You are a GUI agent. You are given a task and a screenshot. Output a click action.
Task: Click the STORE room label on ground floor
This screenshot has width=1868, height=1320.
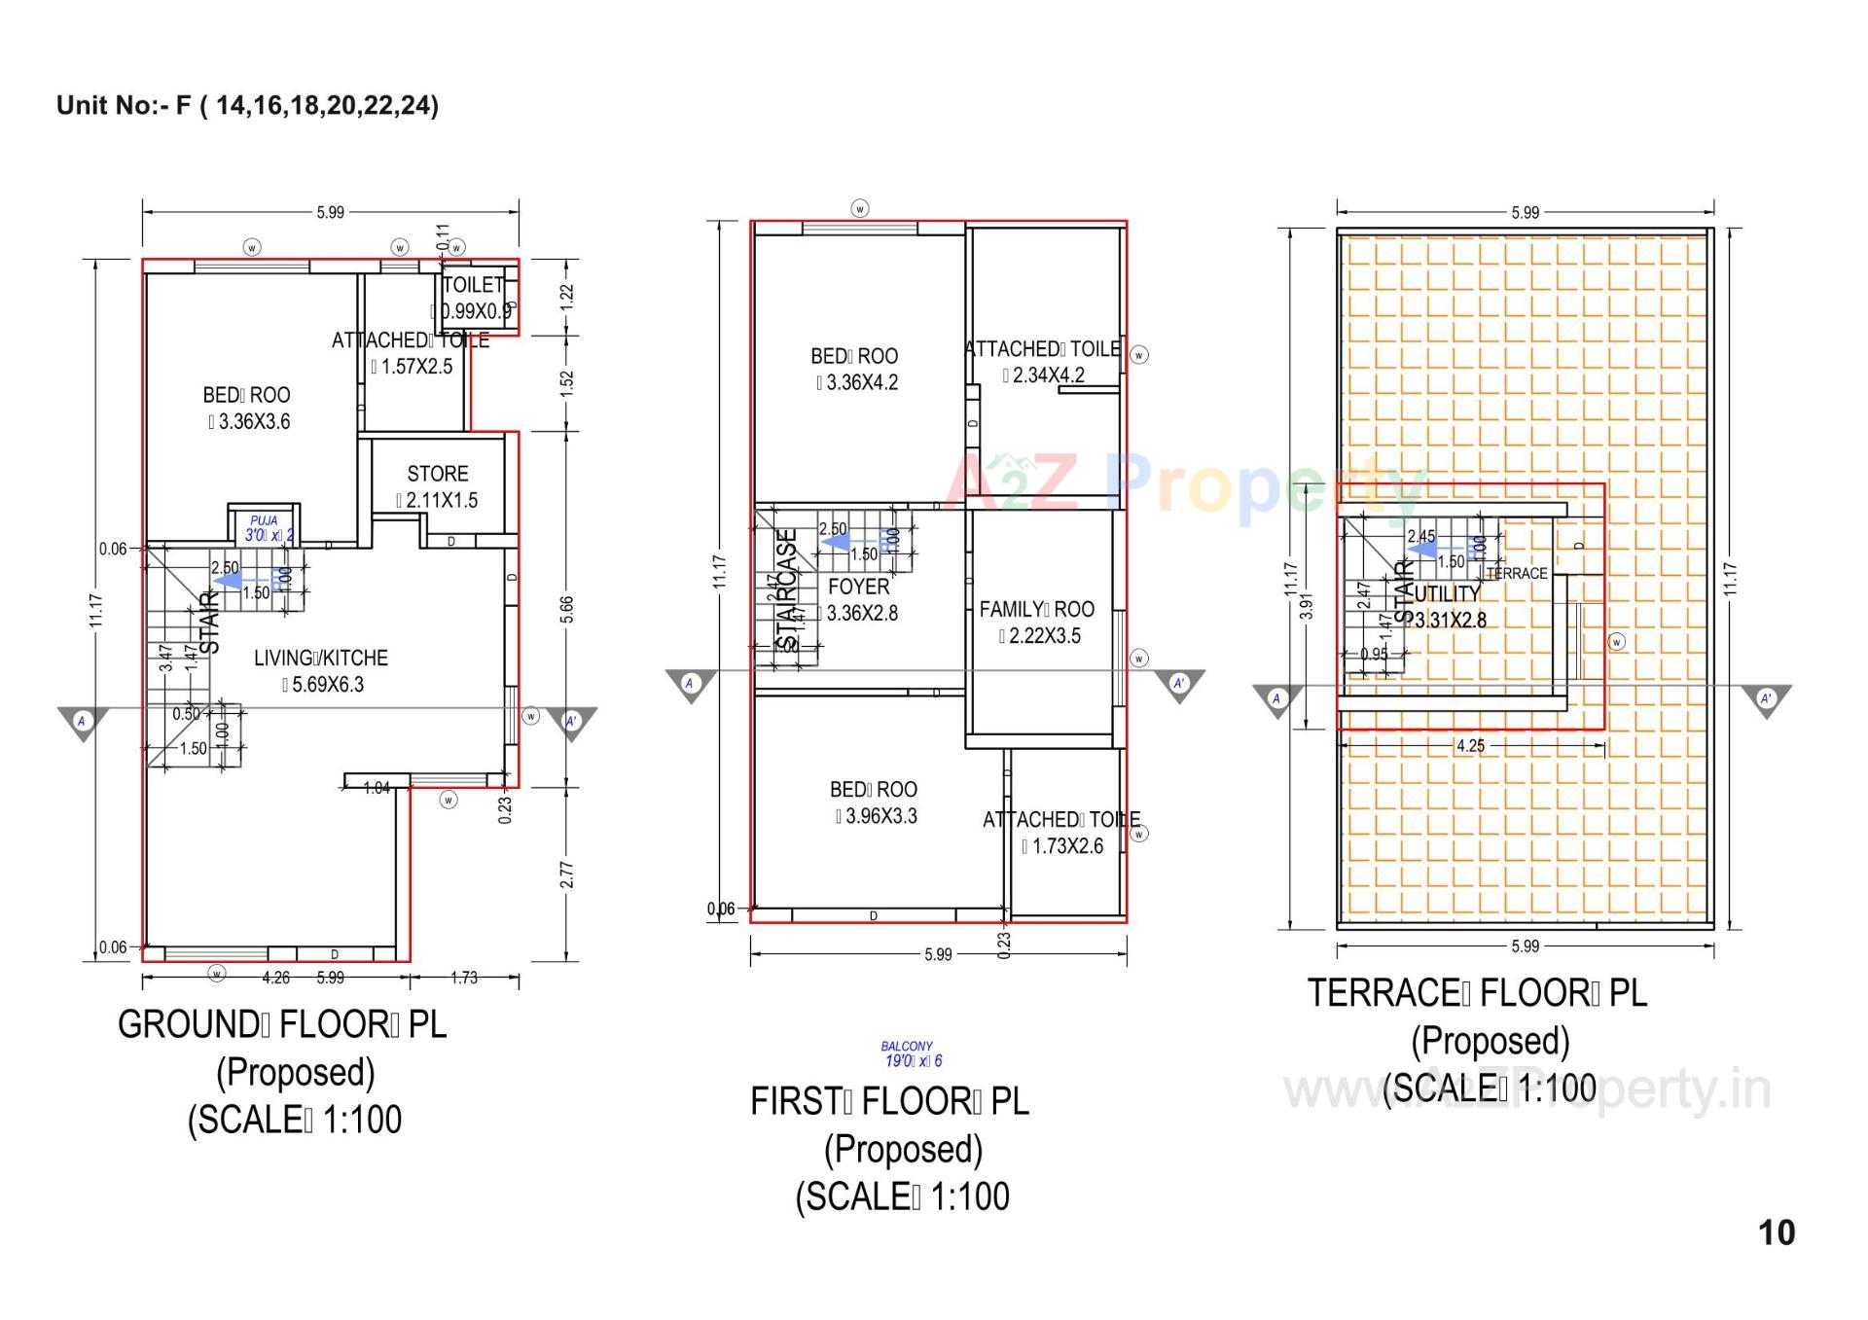point(437,474)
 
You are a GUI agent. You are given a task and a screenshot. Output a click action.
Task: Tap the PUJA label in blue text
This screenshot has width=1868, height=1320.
point(264,521)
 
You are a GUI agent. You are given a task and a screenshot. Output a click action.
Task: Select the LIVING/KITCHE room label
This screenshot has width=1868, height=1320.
point(321,659)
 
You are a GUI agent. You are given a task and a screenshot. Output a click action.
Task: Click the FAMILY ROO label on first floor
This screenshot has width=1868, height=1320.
point(1036,610)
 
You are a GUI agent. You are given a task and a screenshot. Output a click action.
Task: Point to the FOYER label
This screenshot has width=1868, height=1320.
point(858,587)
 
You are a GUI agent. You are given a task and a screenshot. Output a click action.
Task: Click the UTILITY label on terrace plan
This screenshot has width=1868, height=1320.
point(1447,593)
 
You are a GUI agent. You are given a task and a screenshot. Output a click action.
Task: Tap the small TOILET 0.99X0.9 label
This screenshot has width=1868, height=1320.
point(473,285)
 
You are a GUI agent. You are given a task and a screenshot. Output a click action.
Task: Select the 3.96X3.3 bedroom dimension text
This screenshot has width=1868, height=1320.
point(876,817)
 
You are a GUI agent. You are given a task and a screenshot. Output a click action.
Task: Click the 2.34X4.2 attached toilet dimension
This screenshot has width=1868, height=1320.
point(1043,375)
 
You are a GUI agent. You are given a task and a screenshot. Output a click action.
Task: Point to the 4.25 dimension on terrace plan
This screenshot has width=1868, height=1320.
point(1470,746)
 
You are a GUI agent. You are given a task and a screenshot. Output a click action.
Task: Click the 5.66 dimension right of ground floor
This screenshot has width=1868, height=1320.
point(567,610)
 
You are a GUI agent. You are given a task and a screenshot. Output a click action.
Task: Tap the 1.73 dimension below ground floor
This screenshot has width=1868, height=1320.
point(464,978)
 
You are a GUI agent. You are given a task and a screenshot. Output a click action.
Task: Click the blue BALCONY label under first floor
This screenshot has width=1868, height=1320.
point(907,1047)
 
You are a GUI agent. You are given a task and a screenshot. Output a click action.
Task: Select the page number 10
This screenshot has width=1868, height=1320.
point(1776,1232)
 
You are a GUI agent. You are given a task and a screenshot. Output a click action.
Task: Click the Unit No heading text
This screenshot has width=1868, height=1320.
point(247,105)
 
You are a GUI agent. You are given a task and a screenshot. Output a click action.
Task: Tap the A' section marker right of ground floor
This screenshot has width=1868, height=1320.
point(571,722)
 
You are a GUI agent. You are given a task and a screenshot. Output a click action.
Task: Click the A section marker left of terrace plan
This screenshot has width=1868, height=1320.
point(1276,698)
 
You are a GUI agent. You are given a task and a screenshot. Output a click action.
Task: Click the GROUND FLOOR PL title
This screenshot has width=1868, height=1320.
point(282,1024)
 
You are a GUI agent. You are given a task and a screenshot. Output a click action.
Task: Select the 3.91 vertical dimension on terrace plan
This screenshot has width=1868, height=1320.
point(1308,606)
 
